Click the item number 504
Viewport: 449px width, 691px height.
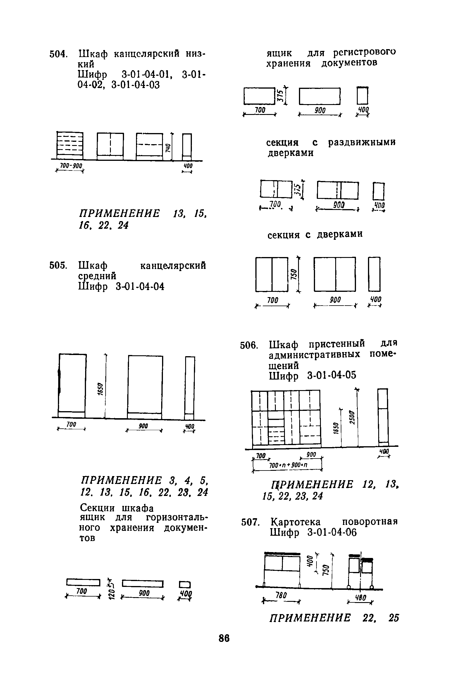pos(59,54)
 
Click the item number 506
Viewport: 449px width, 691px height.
pos(249,346)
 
